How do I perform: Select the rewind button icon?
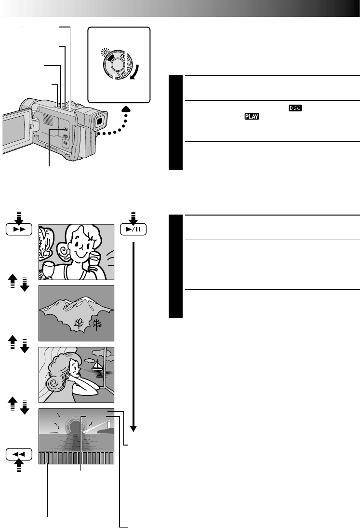coord(19,455)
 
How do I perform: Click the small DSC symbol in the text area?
coord(295,109)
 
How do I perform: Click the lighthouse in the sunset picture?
coord(109,425)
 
